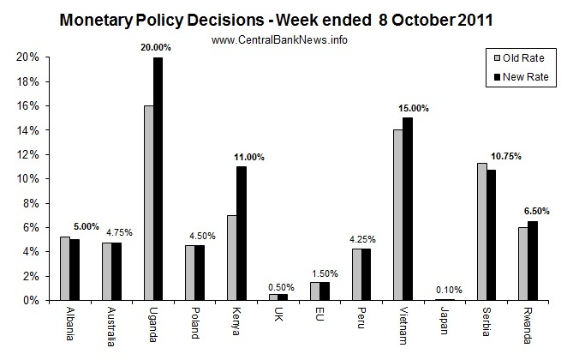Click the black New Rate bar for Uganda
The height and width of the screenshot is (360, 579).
click(158, 179)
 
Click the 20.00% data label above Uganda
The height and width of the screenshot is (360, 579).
click(157, 48)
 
